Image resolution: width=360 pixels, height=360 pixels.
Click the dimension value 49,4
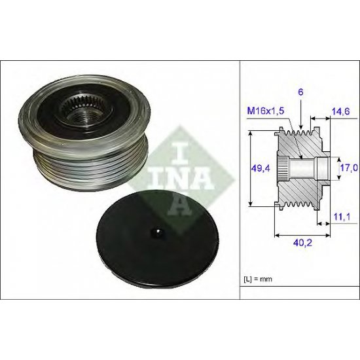click(261, 168)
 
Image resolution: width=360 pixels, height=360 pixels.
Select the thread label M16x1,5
click(266, 111)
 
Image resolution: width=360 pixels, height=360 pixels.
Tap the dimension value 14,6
click(341, 111)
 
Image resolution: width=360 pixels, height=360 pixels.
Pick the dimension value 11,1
click(342, 216)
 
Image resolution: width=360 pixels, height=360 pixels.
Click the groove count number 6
click(301, 92)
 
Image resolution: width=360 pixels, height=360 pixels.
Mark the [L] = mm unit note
click(258, 279)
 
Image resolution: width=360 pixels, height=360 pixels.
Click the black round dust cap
click(158, 238)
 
